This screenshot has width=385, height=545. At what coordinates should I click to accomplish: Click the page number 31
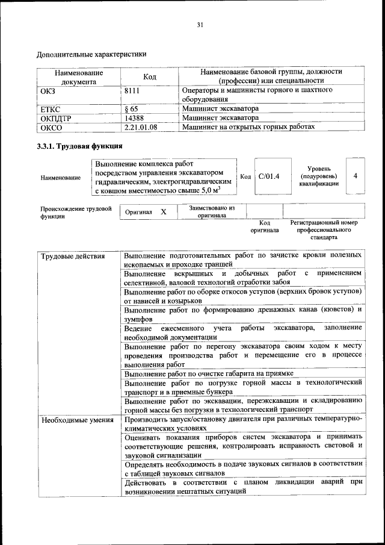tap(200, 25)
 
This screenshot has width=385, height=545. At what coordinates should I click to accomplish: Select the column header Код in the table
tap(149, 77)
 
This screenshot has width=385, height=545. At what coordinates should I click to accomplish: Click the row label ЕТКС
tap(51, 110)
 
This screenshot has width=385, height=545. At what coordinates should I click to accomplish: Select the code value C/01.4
tap(269, 176)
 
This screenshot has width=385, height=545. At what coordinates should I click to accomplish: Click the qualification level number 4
tap(356, 176)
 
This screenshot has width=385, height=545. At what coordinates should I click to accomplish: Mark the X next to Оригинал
tap(163, 212)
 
